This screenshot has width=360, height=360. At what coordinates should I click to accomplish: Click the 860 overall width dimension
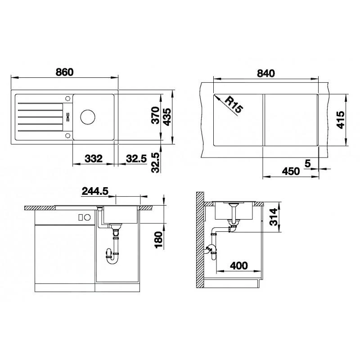point(64,72)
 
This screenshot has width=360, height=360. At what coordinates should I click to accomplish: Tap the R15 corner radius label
point(234,104)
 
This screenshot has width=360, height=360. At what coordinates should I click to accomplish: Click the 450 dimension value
point(291,171)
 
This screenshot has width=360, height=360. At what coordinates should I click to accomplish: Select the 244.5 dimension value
point(95,191)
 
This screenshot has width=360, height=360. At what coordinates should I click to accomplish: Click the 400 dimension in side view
point(239,265)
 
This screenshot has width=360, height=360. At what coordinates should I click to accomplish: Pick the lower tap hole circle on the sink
point(67,135)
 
